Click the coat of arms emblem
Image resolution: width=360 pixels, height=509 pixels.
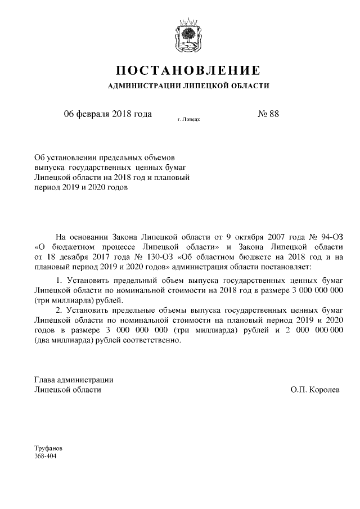pos(188,37)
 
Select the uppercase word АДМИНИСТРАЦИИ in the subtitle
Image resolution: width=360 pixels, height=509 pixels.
pos(142,86)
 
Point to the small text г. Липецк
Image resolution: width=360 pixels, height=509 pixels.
pos(189,119)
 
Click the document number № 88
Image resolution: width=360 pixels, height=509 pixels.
pos(268,114)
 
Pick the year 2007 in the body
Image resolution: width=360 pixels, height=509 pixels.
pos(286,237)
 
